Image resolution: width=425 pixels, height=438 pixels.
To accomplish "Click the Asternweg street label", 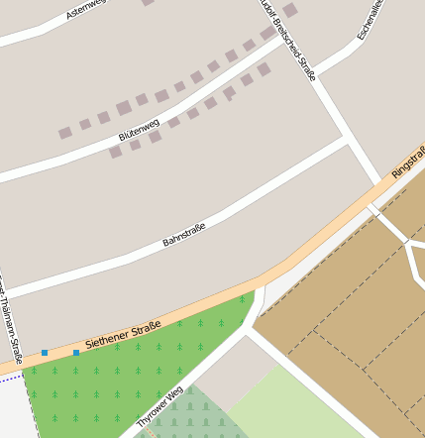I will click(x=84, y=10).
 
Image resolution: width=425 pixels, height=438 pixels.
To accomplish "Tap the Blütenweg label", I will click(x=139, y=129).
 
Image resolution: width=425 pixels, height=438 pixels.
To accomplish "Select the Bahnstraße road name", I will click(x=183, y=236).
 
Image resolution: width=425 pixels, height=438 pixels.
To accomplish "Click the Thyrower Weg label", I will click(x=159, y=407).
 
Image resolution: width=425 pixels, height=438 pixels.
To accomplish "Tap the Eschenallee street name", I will click(x=369, y=20).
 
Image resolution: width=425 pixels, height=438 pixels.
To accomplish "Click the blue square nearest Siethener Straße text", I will click(x=76, y=352).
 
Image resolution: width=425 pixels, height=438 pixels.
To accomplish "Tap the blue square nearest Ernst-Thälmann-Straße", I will click(x=45, y=353).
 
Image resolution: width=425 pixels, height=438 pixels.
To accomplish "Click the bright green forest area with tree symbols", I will click(x=119, y=372).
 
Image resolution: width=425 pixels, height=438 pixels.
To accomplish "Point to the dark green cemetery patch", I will click(x=193, y=416).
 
